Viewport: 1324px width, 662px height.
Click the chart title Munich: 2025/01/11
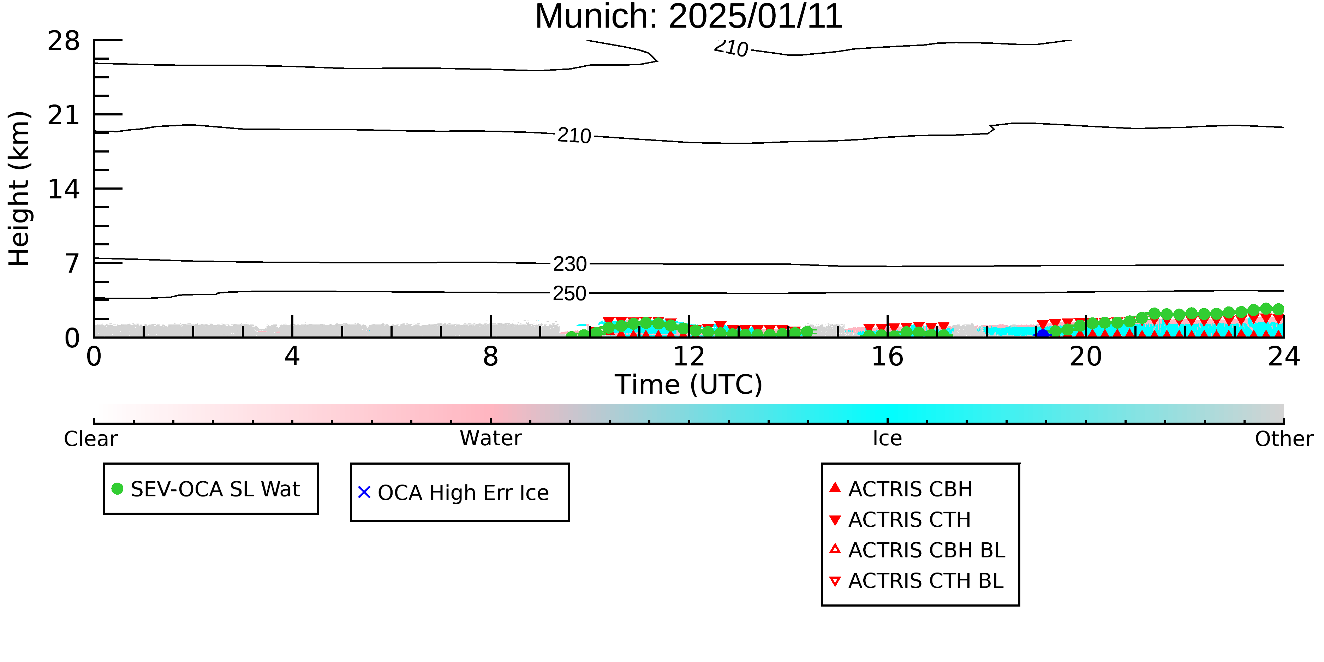click(x=689, y=17)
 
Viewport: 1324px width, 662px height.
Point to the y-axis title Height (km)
click(x=19, y=189)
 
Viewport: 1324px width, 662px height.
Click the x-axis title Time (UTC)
click(x=689, y=384)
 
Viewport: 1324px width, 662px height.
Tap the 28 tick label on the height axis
click(x=64, y=41)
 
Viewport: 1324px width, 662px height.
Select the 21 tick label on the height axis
click(x=64, y=115)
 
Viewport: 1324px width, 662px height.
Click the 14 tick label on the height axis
click(x=64, y=189)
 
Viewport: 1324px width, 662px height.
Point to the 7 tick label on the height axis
click(x=72, y=264)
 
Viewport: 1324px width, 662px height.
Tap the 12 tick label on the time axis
click(x=689, y=356)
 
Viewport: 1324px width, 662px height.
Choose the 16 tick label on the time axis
click(x=887, y=356)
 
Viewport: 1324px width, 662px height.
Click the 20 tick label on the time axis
click(x=1086, y=356)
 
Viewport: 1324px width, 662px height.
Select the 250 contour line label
click(x=569, y=293)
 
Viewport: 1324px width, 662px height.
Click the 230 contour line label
click(x=569, y=264)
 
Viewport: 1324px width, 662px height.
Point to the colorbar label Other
click(x=1284, y=439)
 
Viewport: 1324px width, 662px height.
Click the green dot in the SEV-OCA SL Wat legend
click(x=117, y=489)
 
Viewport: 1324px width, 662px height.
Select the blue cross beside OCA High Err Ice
click(x=364, y=493)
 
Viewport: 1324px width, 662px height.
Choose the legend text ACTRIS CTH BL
click(x=926, y=581)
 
